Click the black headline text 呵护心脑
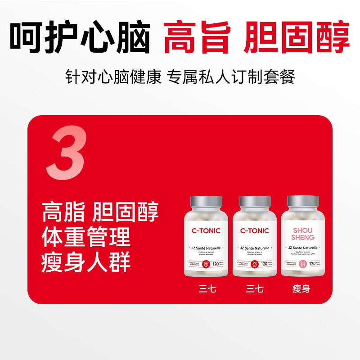coord(80,37)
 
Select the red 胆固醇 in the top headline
coord(297,37)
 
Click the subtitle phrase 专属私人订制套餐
coord(231,77)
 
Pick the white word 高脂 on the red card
coord(63,211)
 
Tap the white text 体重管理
coord(86,237)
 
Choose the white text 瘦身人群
coord(86,262)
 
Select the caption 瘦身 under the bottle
coord(301,289)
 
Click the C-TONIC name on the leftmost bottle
coord(206,231)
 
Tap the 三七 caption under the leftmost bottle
coord(207,289)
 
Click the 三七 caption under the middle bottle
coord(255,289)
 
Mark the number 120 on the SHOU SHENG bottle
coord(313,264)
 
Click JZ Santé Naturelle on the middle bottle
coord(254,248)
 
